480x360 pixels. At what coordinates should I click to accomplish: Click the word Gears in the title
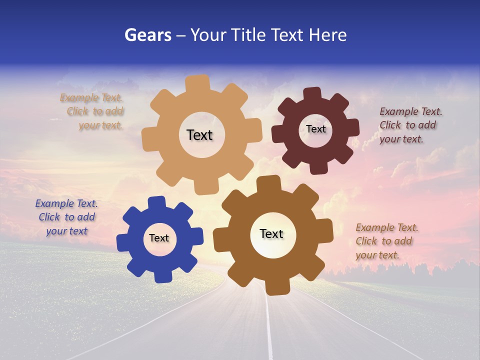pyautogui.click(x=147, y=35)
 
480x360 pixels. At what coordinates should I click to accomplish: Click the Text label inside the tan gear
pyautogui.click(x=199, y=135)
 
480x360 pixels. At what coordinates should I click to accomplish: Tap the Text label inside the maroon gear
pyautogui.click(x=316, y=129)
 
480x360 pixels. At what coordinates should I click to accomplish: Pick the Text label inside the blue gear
pyautogui.click(x=159, y=238)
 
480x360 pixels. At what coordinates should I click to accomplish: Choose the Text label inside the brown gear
pyautogui.click(x=271, y=233)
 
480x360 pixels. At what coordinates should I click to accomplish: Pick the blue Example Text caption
pyautogui.click(x=66, y=217)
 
